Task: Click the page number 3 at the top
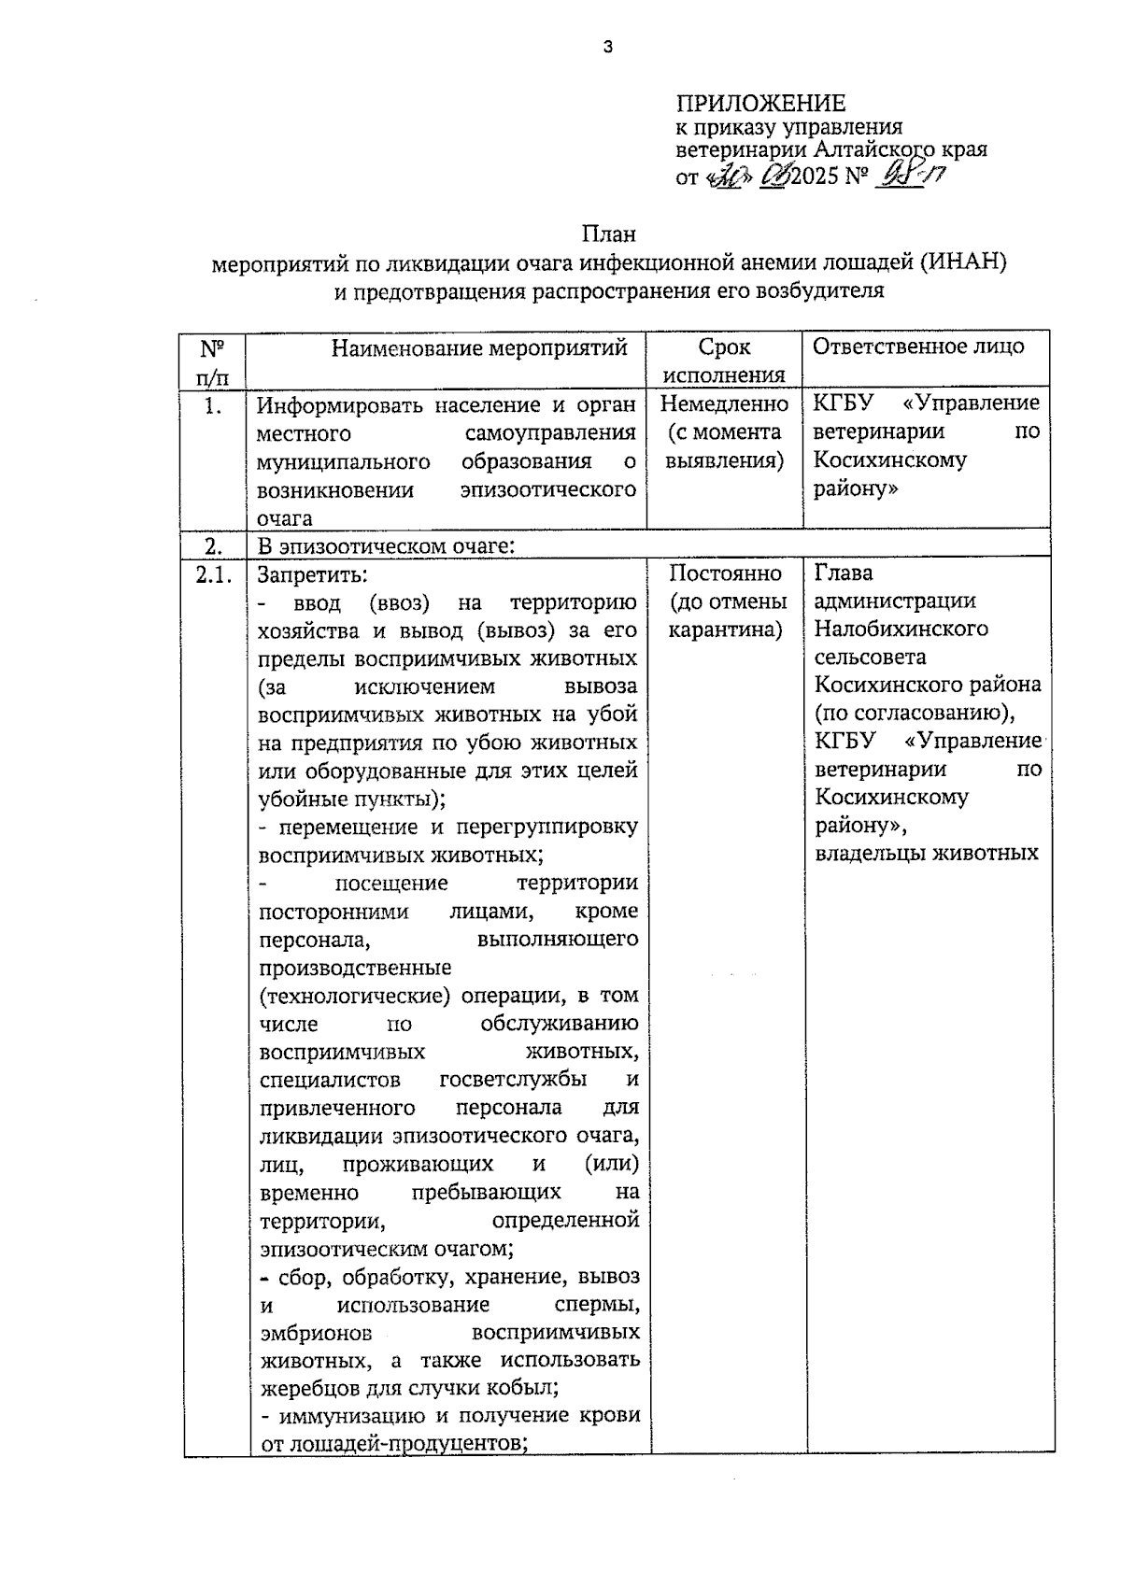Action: [x=608, y=47]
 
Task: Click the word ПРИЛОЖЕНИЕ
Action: [x=760, y=104]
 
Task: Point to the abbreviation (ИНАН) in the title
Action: [x=962, y=262]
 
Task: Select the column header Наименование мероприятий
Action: [x=479, y=348]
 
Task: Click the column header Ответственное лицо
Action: [x=918, y=347]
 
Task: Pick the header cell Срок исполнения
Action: [x=724, y=361]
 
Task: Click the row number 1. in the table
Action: [x=213, y=405]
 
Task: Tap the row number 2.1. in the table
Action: [x=214, y=574]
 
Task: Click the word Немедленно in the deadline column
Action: [x=724, y=404]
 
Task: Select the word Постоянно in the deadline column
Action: [x=725, y=573]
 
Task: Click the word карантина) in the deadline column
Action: [x=725, y=630]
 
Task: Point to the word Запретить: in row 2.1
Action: [x=313, y=573]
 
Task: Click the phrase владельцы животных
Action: [x=927, y=853]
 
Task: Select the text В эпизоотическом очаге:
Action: [x=386, y=545]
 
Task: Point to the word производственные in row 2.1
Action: [x=354, y=967]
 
